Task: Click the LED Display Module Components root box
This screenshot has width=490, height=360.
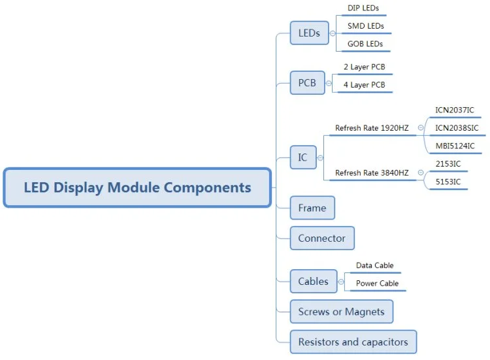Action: click(137, 188)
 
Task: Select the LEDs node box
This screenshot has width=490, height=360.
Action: click(309, 33)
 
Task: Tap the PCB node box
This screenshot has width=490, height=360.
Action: click(307, 83)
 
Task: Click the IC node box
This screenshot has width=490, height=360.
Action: click(302, 157)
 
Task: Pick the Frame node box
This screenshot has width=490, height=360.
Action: click(312, 208)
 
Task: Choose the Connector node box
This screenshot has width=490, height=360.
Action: click(321, 238)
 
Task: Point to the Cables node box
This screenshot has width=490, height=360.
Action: click(314, 282)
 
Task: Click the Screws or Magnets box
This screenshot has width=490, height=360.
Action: click(341, 312)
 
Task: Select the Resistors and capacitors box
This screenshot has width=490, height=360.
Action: click(353, 342)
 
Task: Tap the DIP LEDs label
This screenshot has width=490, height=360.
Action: click(363, 8)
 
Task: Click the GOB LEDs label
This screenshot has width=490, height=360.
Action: click(365, 44)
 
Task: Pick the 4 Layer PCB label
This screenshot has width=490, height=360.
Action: click(364, 85)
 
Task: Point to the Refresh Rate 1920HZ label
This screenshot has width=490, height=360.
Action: click(372, 128)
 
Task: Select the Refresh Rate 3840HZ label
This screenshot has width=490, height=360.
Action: click(372, 172)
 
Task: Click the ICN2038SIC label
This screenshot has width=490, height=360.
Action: click(457, 128)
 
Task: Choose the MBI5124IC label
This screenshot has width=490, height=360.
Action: click(455, 146)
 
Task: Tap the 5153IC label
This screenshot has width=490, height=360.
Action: click(448, 182)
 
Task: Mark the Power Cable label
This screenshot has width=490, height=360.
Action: click(377, 284)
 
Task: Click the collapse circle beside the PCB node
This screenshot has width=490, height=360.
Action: click(329, 84)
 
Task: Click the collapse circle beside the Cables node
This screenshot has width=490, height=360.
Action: click(342, 282)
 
